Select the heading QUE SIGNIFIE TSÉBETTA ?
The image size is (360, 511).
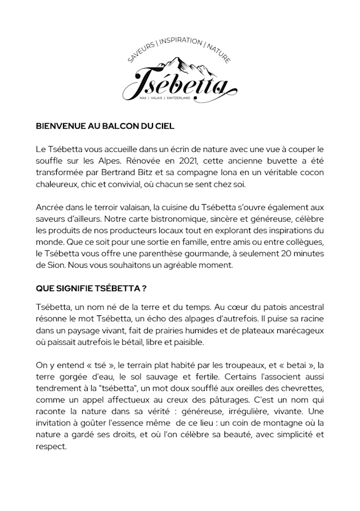(x=91, y=288)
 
